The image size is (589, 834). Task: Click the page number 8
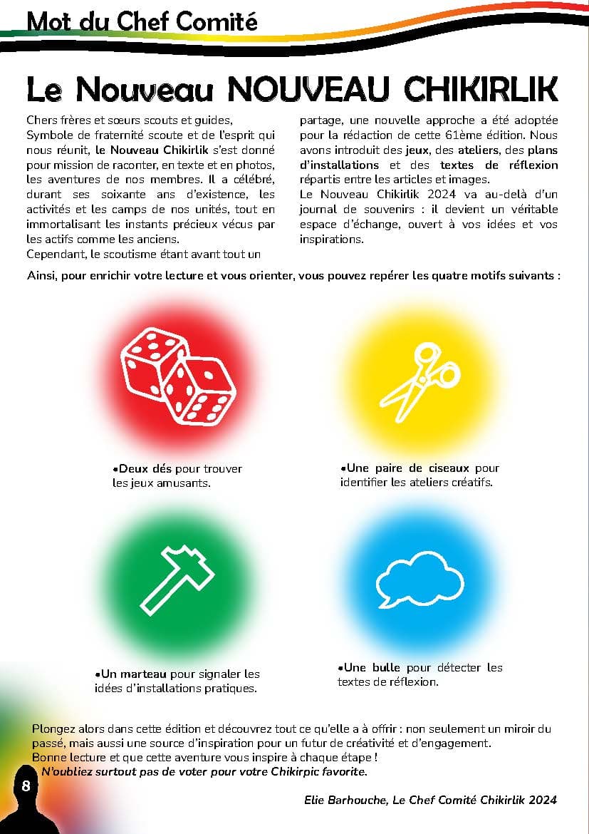point(26,786)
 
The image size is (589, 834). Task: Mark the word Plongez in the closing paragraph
point(54,729)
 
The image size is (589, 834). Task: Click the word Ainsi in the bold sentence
point(42,276)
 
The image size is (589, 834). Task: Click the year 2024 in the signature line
point(541,800)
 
